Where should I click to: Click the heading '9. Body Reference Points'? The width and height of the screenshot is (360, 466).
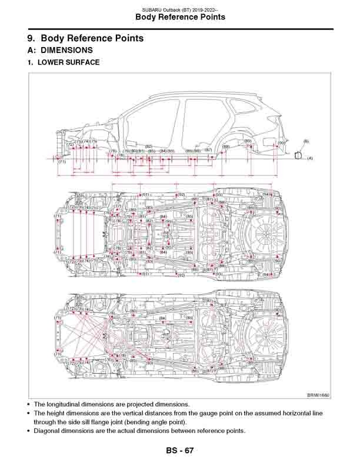pos(86,39)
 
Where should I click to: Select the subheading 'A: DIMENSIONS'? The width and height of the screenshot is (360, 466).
pos(60,51)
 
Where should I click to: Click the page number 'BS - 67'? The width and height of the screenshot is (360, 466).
pos(179,451)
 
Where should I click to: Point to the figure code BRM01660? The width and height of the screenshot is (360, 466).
pos(318,395)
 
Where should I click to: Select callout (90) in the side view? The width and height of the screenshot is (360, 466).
pos(281,142)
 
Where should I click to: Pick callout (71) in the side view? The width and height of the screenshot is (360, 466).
pos(61,162)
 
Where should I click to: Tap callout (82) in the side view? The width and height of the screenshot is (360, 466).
pos(149,146)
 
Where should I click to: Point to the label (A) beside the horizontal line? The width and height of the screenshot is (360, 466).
pos(310,158)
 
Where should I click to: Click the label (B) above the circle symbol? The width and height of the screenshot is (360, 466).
pos(306,142)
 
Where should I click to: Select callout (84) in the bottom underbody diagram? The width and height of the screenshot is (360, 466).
pos(163,318)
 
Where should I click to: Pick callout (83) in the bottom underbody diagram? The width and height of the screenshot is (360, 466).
pos(150,363)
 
